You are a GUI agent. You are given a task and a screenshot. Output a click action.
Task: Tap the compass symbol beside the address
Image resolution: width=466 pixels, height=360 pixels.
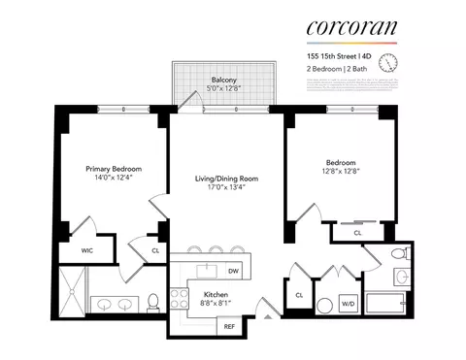click(388, 63)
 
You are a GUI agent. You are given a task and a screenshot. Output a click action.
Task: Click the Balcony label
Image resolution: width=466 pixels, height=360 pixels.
click(225, 82)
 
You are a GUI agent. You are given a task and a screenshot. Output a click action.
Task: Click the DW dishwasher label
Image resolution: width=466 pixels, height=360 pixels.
click(233, 272)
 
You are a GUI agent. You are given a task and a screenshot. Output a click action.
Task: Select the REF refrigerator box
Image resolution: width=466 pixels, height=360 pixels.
click(229, 327)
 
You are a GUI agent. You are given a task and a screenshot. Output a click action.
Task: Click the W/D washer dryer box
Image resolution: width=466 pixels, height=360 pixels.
click(348, 304)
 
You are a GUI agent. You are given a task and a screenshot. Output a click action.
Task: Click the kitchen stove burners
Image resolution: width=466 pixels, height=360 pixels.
click(179, 297)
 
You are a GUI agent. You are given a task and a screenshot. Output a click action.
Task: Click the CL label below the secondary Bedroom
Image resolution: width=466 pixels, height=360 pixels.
click(357, 233)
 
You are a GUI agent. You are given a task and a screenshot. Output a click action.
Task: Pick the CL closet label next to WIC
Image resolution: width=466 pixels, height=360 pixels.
click(156, 251)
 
